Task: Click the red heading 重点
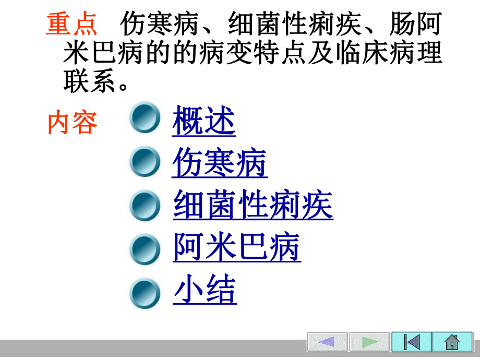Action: (x=71, y=25)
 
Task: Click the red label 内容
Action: (x=73, y=123)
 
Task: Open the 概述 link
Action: (x=204, y=121)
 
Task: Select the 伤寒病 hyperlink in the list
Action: (x=220, y=163)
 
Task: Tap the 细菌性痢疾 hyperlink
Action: (x=253, y=206)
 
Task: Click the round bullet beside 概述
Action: (x=145, y=119)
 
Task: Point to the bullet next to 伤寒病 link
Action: (x=145, y=162)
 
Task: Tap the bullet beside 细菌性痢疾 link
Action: (x=145, y=205)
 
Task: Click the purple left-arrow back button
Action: (x=327, y=342)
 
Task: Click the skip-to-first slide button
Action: (x=412, y=342)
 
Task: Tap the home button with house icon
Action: (x=452, y=342)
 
